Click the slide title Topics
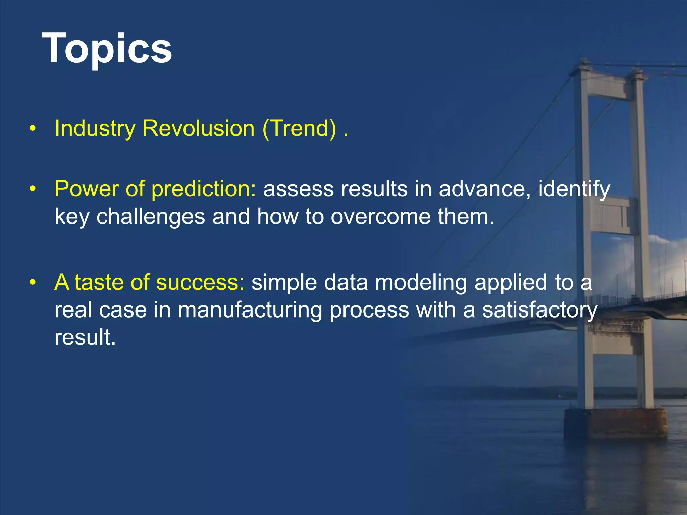click(107, 49)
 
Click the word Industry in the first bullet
click(95, 128)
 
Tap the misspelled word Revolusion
click(198, 128)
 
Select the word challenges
click(151, 217)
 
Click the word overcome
click(381, 217)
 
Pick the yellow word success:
click(200, 282)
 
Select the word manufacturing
click(250, 310)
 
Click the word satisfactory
click(540, 310)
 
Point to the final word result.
click(85, 337)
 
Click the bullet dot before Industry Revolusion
click(32, 129)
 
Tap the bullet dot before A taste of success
click(32, 283)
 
